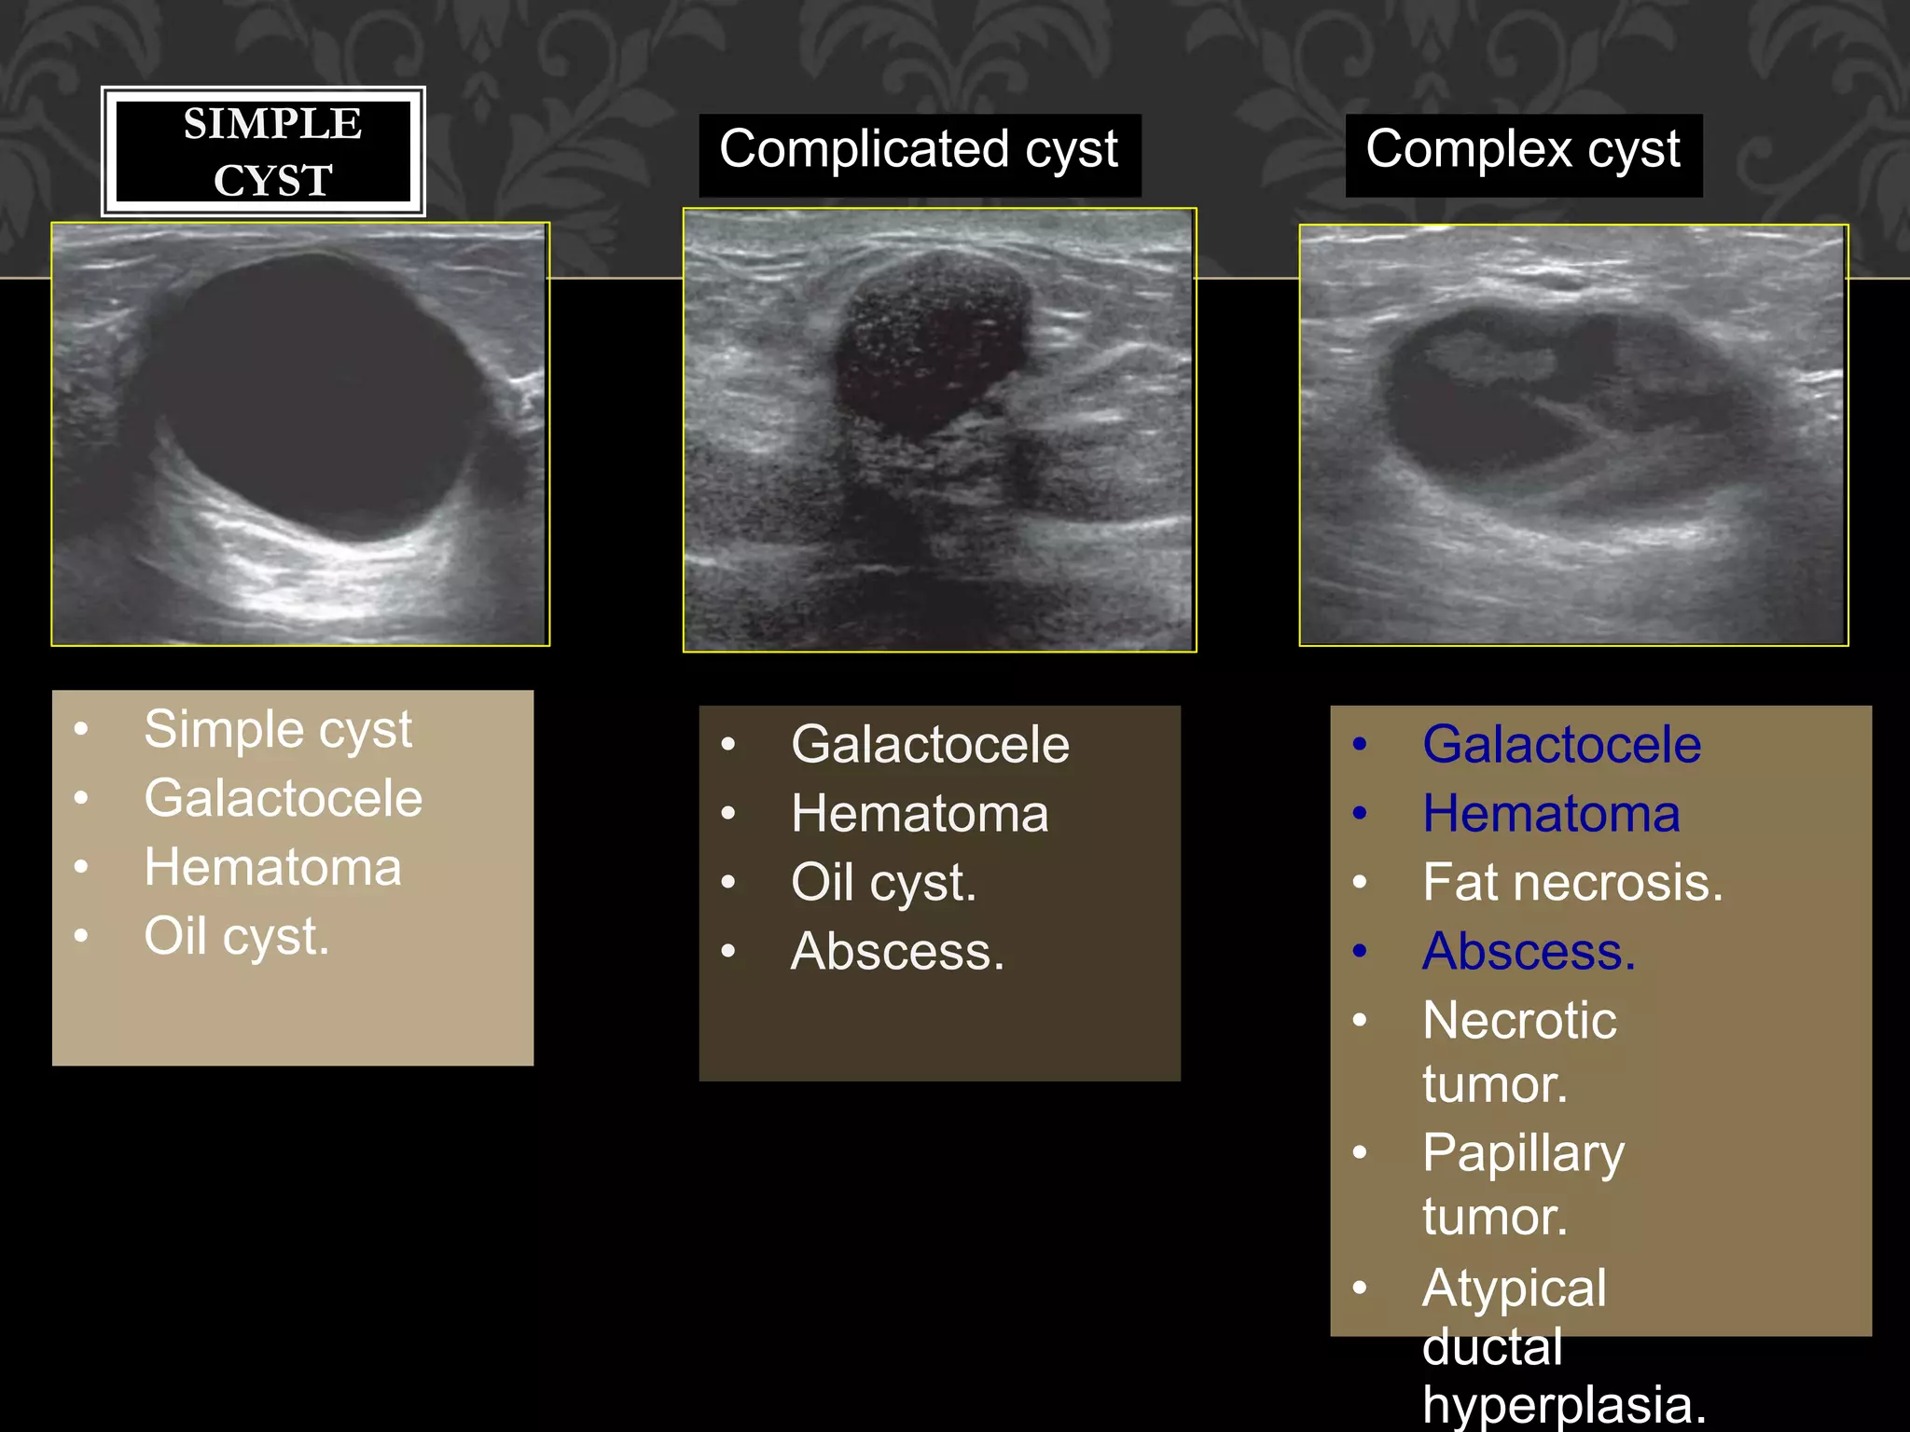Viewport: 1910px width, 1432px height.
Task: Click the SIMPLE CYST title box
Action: pyautogui.click(x=263, y=152)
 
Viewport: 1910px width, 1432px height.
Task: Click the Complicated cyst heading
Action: pyautogui.click(x=919, y=151)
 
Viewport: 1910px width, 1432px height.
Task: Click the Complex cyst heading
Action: pyautogui.click(x=1522, y=151)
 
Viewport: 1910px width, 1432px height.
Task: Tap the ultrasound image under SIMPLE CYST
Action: pyautogui.click(x=300, y=434)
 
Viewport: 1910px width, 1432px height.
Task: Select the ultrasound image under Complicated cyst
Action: pyautogui.click(x=939, y=430)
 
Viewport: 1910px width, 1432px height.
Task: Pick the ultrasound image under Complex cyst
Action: pyautogui.click(x=1573, y=434)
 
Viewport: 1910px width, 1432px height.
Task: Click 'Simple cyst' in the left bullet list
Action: pyautogui.click(x=277, y=730)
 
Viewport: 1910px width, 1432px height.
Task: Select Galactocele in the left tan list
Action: pyautogui.click(x=283, y=799)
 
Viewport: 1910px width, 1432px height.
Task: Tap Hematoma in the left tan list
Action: pyautogui.click(x=272, y=868)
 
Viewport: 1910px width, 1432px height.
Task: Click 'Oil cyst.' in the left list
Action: pyautogui.click(x=236, y=936)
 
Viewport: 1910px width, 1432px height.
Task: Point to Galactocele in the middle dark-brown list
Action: pyautogui.click(x=930, y=745)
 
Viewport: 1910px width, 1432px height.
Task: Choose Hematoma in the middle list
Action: pyautogui.click(x=920, y=814)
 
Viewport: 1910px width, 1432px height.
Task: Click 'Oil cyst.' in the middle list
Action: pyautogui.click(x=883, y=883)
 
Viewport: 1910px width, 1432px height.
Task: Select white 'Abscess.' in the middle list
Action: pyautogui.click(x=897, y=952)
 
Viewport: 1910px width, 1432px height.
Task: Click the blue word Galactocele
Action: pyautogui.click(x=1561, y=745)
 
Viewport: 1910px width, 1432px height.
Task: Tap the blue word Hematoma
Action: pyautogui.click(x=1551, y=814)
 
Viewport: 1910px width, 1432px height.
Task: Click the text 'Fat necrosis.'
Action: pyautogui.click(x=1572, y=883)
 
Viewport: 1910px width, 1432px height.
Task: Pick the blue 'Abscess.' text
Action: pyautogui.click(x=1529, y=952)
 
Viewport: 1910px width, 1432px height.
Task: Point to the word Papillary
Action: pyautogui.click(x=1523, y=1154)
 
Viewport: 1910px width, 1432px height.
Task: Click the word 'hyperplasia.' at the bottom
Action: pyautogui.click(x=1564, y=1405)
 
